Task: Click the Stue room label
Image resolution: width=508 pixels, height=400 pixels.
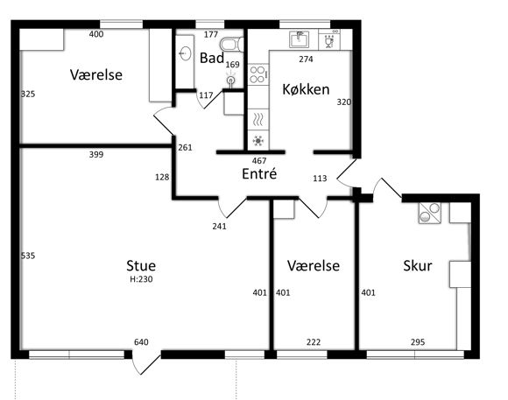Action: point(141,265)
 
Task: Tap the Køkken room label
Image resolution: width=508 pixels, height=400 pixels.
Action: point(306,89)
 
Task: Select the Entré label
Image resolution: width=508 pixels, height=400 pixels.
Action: point(259,173)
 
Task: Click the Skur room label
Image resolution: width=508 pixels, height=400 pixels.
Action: point(418,265)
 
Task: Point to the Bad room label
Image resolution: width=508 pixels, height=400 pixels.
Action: point(212,58)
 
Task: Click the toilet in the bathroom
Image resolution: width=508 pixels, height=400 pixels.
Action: point(231,45)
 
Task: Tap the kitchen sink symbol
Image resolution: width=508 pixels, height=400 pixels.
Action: point(299,39)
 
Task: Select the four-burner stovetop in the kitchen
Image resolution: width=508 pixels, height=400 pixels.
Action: point(258,74)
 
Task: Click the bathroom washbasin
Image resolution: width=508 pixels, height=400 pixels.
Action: point(185,53)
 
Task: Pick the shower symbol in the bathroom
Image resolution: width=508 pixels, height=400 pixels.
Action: point(230,81)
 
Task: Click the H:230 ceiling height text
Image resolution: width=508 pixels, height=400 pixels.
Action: point(141,279)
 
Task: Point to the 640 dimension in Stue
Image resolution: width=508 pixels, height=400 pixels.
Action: point(141,342)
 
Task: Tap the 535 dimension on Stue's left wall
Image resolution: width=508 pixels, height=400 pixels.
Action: point(28,256)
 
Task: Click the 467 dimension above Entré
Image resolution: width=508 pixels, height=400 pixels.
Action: point(259,160)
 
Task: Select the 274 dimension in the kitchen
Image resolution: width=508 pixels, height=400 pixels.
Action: point(306,59)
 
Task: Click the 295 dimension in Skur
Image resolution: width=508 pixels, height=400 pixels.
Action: point(418,342)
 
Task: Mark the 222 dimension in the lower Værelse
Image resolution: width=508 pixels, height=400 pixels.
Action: point(314,342)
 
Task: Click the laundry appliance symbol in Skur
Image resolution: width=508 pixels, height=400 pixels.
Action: point(429,213)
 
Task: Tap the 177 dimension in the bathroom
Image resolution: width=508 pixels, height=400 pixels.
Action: point(211,34)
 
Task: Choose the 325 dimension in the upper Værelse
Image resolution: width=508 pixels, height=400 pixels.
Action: point(28,94)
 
